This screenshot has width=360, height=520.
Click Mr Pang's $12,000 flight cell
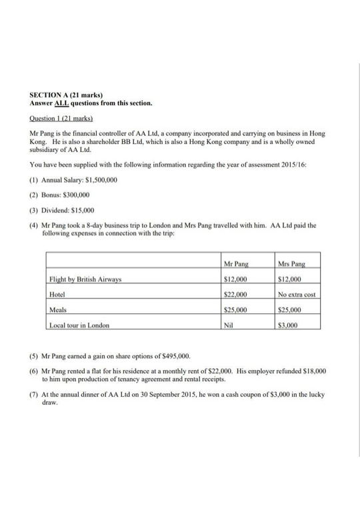click(237, 279)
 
